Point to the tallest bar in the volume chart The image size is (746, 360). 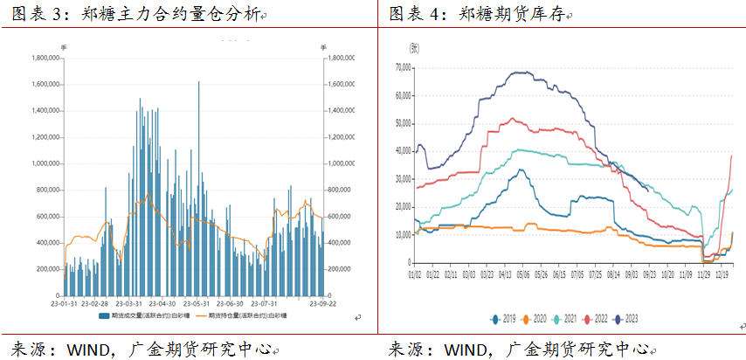tap(199, 83)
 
